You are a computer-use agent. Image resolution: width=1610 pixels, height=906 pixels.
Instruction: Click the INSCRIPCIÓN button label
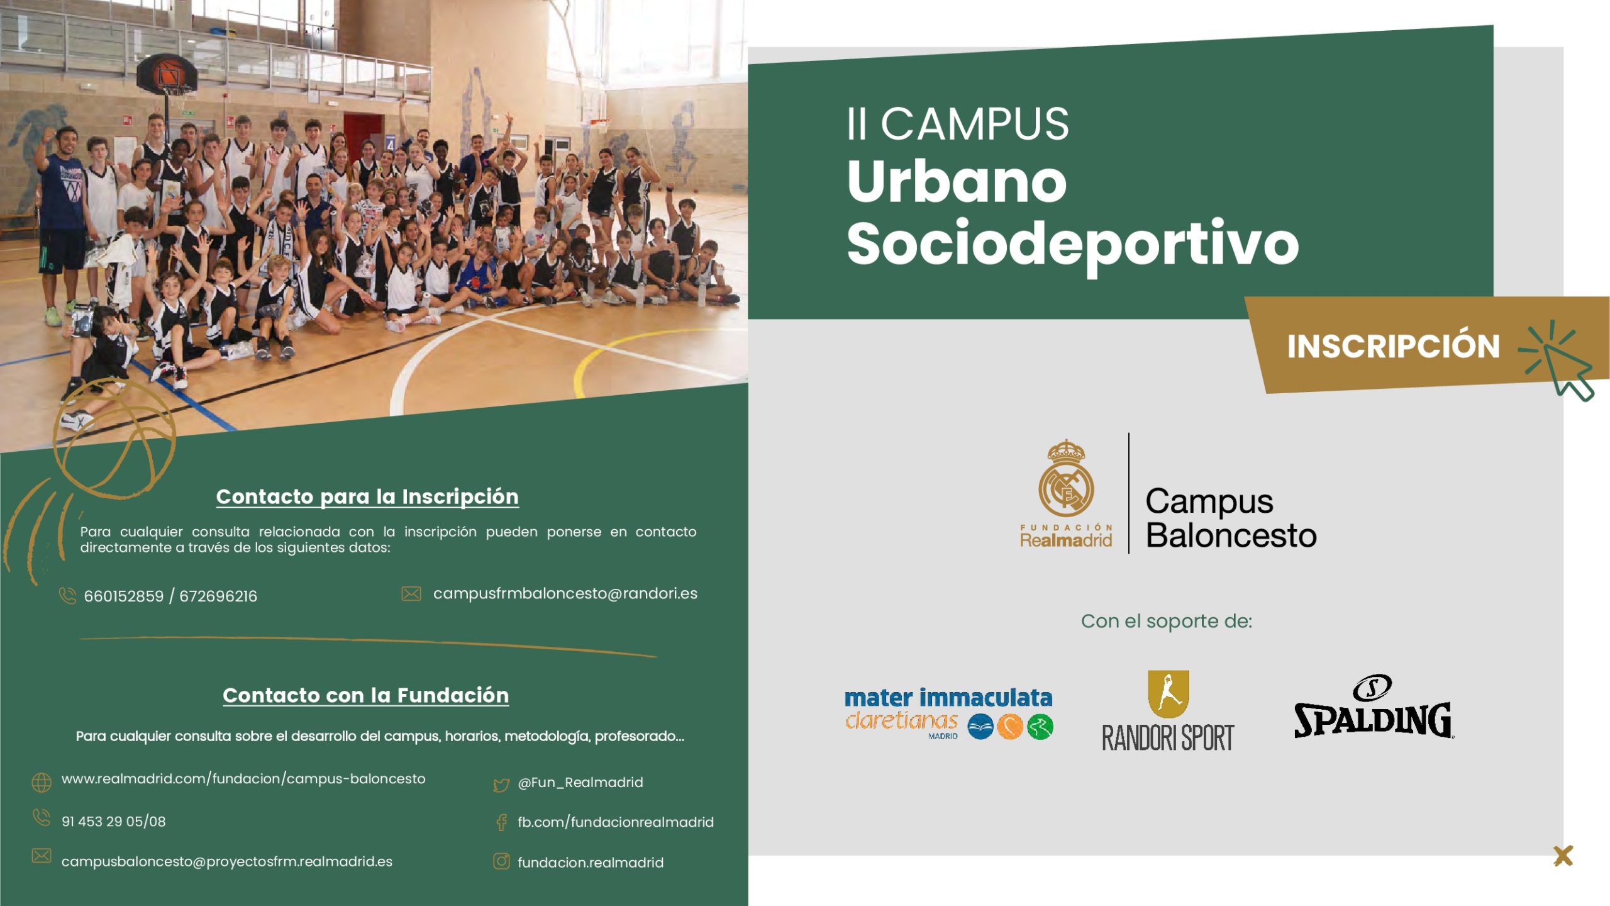click(1393, 345)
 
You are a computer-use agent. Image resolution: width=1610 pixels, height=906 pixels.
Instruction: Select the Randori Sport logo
click(1168, 711)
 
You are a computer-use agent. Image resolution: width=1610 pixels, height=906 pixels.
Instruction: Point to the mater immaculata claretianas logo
click(948, 713)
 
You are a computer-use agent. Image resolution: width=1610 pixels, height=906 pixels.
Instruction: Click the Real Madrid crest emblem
click(1066, 478)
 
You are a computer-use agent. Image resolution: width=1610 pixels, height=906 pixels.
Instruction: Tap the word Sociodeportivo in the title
click(1072, 245)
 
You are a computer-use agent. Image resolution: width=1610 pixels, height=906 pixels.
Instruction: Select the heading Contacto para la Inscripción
click(367, 496)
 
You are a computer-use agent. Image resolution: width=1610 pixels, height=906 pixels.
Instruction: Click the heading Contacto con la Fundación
click(366, 695)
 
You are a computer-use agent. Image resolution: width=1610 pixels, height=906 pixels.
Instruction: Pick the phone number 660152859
click(123, 596)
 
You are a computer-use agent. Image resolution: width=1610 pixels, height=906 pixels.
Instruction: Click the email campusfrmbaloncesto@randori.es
click(565, 593)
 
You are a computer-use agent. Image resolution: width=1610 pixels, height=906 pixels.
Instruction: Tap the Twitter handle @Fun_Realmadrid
click(580, 782)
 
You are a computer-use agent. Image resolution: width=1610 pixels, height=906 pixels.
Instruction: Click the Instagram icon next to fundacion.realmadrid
click(501, 861)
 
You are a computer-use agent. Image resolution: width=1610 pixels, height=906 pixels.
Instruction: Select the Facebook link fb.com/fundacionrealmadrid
click(616, 822)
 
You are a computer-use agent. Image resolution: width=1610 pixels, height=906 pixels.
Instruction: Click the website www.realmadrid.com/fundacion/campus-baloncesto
click(243, 779)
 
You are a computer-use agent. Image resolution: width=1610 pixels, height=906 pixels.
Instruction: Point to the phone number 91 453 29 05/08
click(114, 821)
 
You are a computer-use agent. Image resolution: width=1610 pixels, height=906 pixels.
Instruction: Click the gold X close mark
click(1563, 856)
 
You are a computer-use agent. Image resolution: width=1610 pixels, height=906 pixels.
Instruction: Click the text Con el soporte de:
click(1167, 621)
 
